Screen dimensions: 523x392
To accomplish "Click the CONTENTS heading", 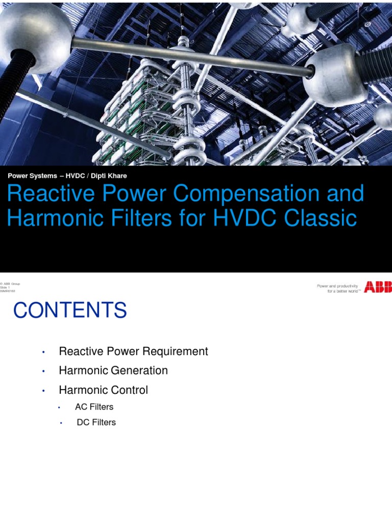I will [69, 311].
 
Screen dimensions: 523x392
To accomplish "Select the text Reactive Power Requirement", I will [133, 351].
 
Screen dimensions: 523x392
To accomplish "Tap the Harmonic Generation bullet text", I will [113, 371].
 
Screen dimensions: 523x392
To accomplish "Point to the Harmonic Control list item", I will [103, 390].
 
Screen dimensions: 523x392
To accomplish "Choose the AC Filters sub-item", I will [94, 407].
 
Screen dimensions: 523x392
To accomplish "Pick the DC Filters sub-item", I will [96, 422].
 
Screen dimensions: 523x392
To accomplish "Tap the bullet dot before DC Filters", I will [61, 423].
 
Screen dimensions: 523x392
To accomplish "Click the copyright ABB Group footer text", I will [11, 284].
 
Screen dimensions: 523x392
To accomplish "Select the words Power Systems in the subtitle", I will [32, 176].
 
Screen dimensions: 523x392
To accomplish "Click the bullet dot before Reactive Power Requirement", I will [44, 352].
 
